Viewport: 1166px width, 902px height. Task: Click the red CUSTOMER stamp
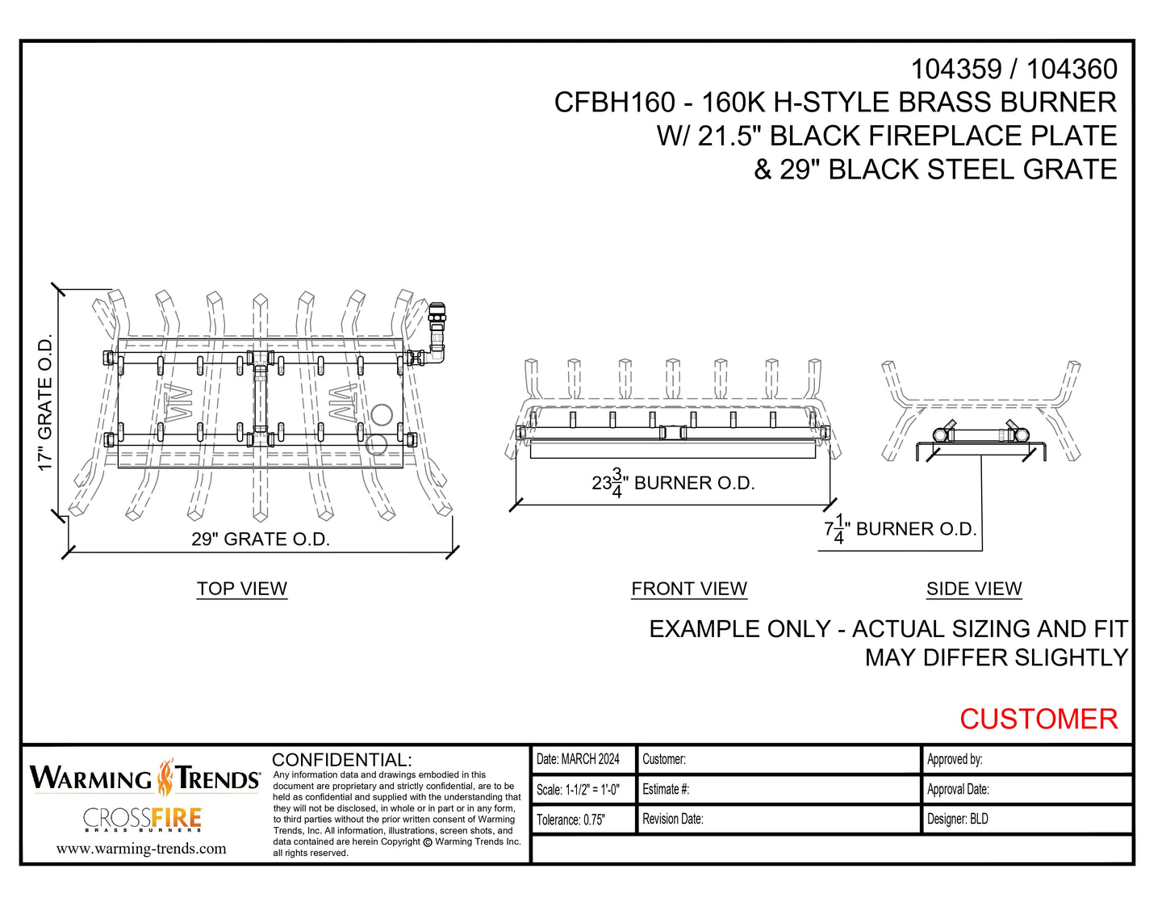[x=1038, y=719]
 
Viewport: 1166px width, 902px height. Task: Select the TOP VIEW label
[x=242, y=589]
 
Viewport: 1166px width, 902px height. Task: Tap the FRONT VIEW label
[x=689, y=589]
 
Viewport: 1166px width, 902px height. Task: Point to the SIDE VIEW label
[x=974, y=589]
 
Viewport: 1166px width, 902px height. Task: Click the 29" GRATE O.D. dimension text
[x=261, y=539]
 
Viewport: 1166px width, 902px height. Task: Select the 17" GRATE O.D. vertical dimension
[x=45, y=402]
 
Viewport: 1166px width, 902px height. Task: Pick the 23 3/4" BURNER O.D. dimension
[x=673, y=483]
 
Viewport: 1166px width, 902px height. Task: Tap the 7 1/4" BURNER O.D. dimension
[x=900, y=530]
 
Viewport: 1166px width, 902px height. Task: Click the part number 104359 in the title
[x=956, y=69]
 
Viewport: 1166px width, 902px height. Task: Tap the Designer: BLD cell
[x=958, y=819]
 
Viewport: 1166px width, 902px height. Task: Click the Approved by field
[x=955, y=759]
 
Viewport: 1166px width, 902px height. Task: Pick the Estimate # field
[x=666, y=789]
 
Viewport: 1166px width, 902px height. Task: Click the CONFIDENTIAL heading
[x=342, y=760]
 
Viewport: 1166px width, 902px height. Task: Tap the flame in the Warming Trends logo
[x=165, y=778]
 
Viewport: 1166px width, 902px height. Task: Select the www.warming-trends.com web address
[x=141, y=848]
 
